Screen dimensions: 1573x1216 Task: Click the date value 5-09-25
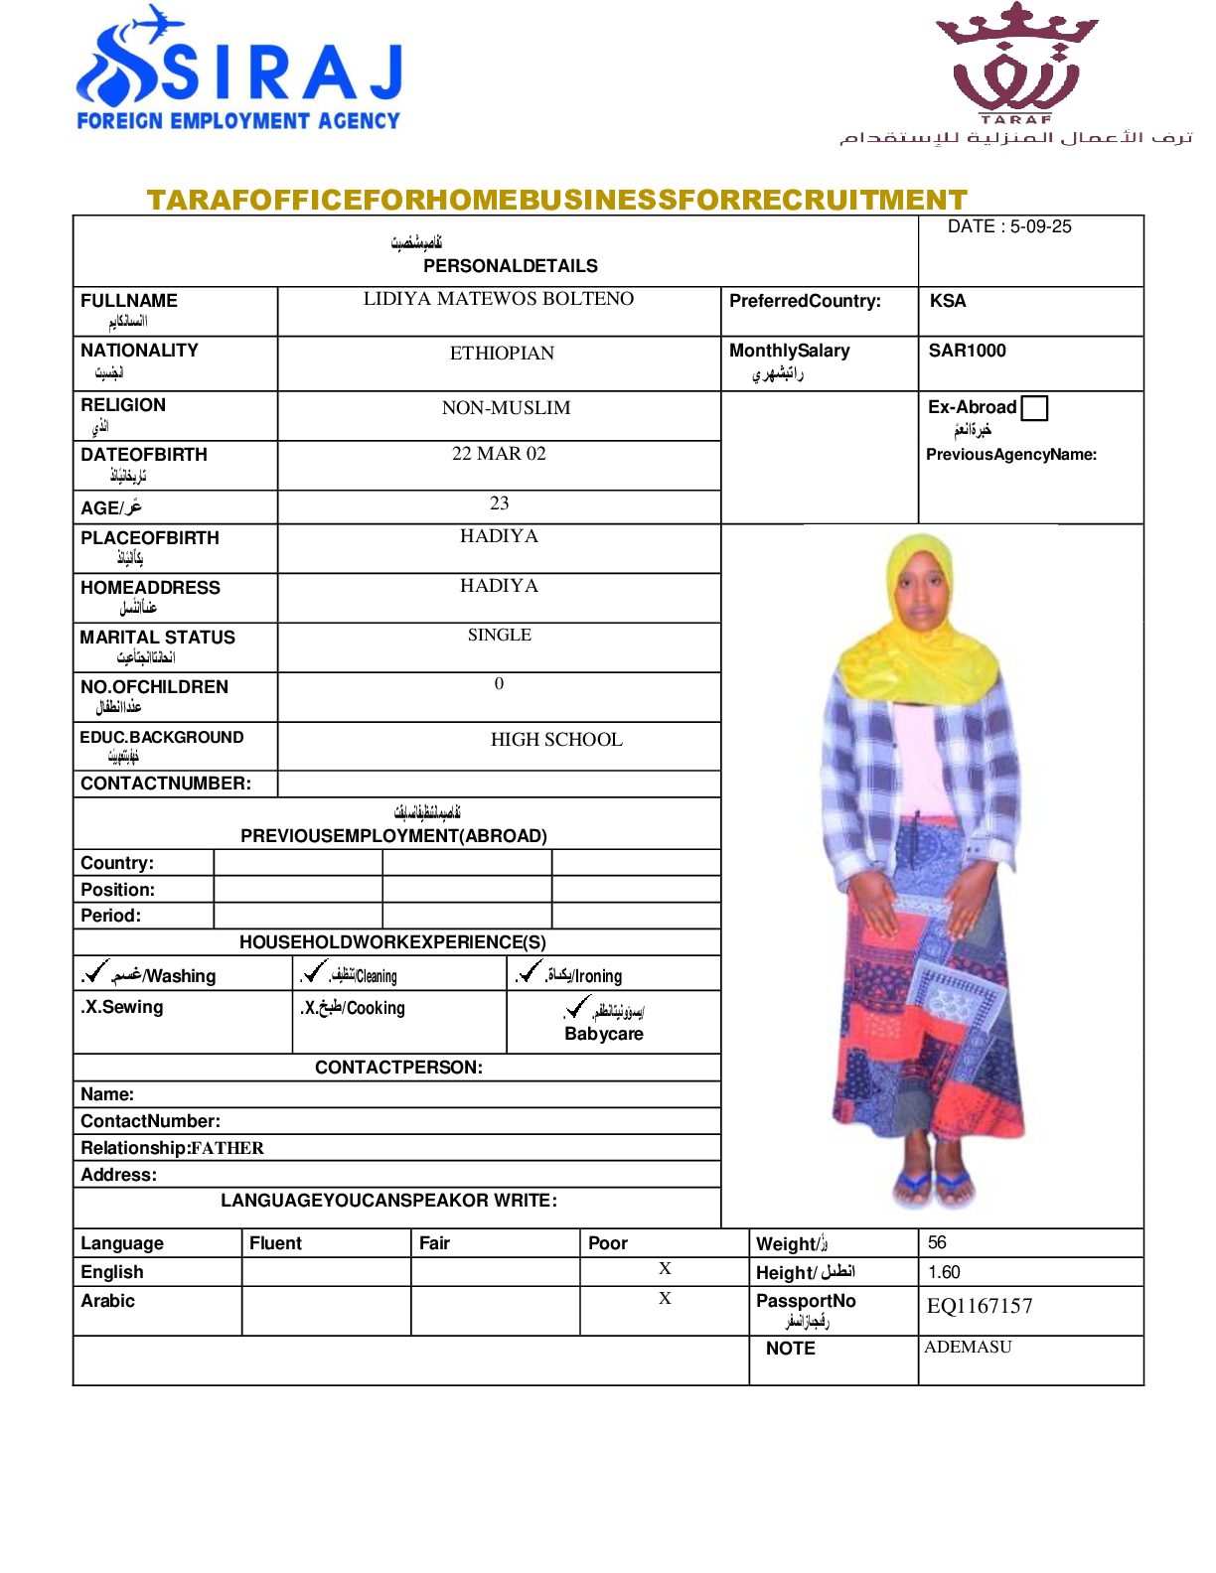click(x=1040, y=226)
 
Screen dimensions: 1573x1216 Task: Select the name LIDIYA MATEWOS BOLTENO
click(x=498, y=299)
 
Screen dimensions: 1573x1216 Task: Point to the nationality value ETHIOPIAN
click(x=502, y=354)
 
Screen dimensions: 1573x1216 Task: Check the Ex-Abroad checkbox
click(x=1034, y=408)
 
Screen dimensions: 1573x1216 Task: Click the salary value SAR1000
click(x=967, y=351)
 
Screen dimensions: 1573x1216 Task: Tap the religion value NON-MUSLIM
click(x=506, y=408)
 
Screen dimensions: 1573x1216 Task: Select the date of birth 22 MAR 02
click(x=499, y=454)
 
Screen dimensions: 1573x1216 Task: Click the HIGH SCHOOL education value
click(x=556, y=740)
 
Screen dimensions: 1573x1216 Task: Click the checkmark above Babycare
click(x=577, y=1008)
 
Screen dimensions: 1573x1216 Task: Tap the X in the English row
click(x=665, y=1269)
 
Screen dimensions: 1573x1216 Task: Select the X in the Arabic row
click(x=665, y=1299)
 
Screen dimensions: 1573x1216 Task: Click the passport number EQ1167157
click(x=980, y=1307)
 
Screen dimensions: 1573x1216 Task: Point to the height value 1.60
click(x=944, y=1272)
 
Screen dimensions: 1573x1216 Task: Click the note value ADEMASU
click(x=968, y=1348)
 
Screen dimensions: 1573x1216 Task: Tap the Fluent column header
click(x=275, y=1243)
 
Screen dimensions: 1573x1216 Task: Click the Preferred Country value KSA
click(x=948, y=301)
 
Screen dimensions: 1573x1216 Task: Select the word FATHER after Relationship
click(x=228, y=1149)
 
